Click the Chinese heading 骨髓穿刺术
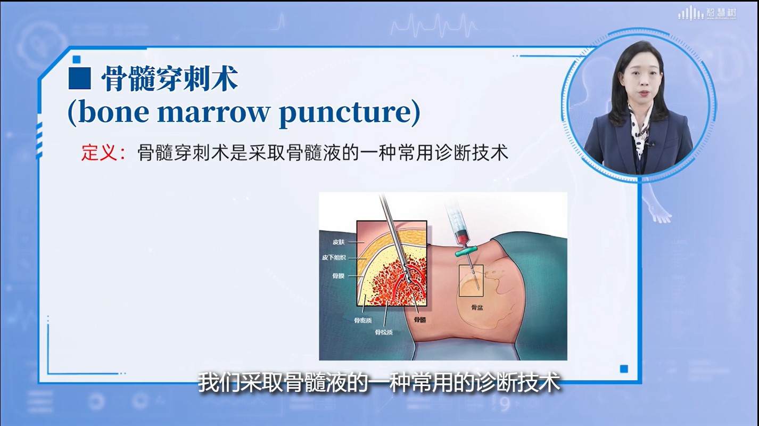[169, 79]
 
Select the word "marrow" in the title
[213, 114]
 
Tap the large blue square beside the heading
[80, 78]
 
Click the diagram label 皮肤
[339, 242]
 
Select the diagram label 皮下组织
[334, 258]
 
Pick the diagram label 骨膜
[338, 276]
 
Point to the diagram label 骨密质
[363, 320]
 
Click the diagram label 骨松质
[384, 332]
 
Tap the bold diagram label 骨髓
[420, 319]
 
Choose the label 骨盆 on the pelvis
[477, 307]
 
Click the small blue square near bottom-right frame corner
[624, 369]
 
